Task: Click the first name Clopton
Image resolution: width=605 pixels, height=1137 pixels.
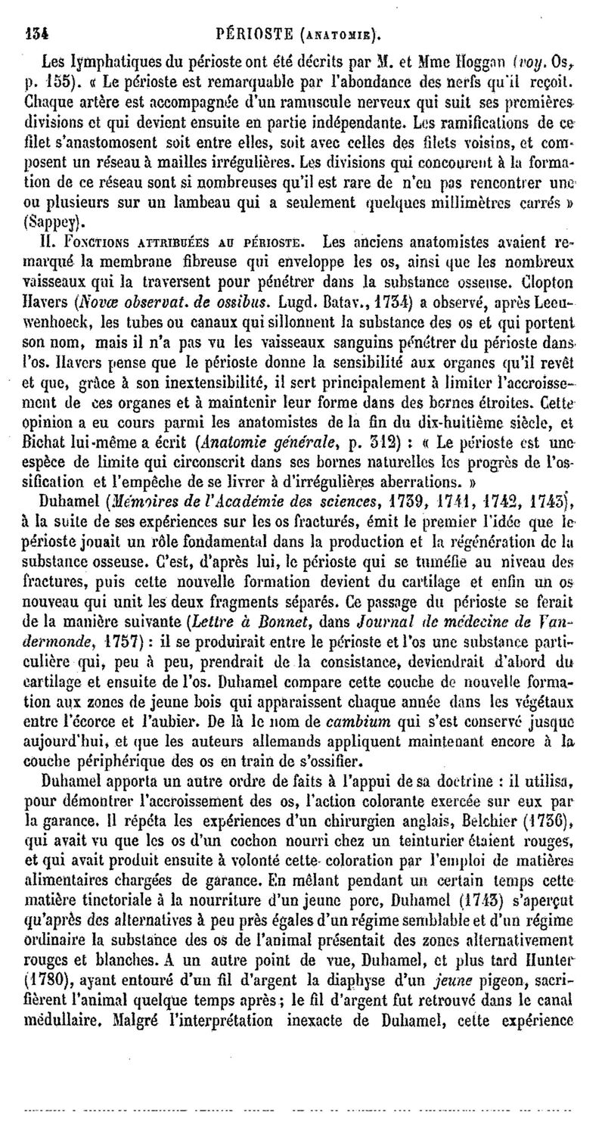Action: (545, 282)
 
